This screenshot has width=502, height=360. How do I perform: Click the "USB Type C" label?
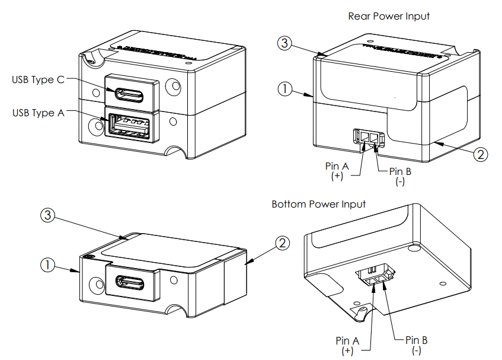39,79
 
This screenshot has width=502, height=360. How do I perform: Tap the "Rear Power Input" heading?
389,16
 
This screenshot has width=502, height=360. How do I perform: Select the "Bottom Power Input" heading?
319,204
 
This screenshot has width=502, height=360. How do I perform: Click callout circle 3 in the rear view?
285,43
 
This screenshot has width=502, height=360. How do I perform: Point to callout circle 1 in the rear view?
285,89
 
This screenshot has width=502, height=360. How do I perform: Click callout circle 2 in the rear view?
481,155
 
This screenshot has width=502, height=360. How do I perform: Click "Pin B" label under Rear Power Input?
400,171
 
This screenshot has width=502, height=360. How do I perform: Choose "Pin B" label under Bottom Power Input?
417,340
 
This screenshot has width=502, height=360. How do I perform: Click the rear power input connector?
369,138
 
